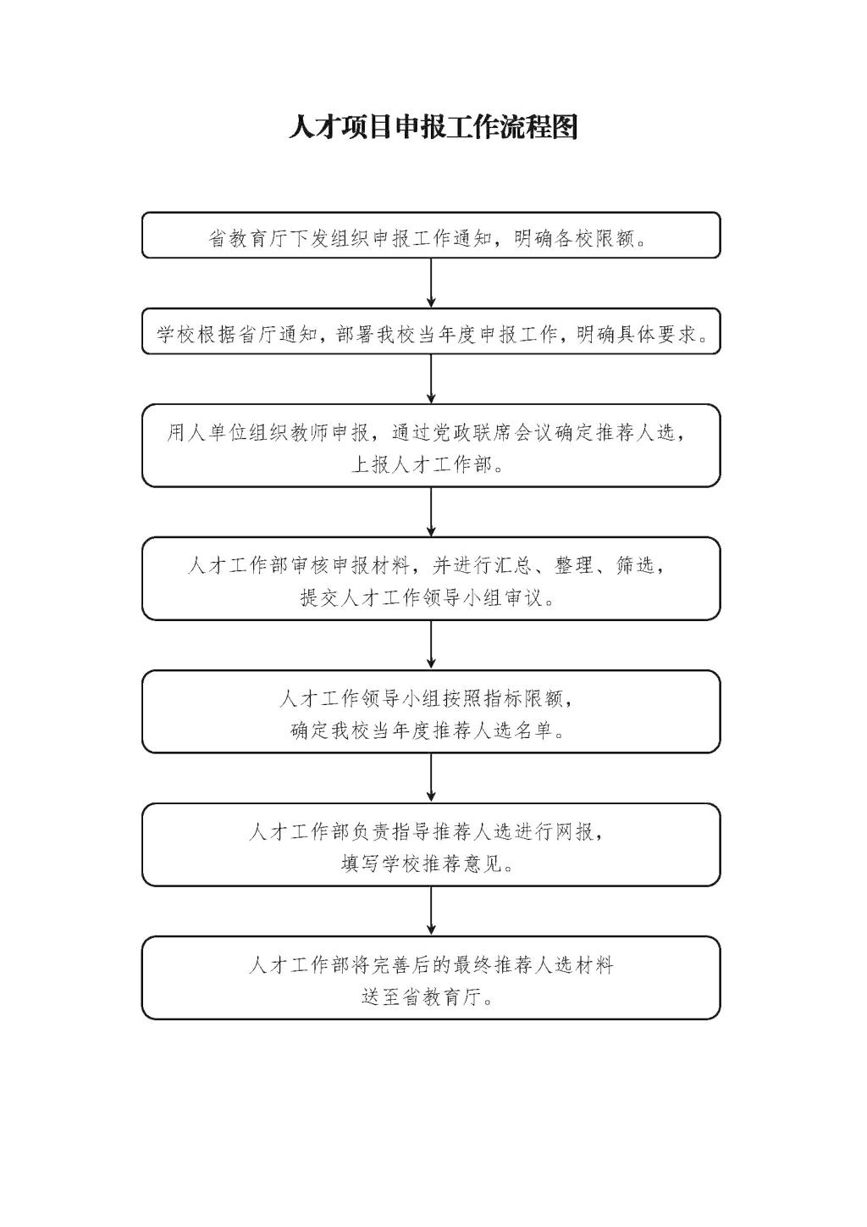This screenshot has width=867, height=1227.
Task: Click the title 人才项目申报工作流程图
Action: click(433, 128)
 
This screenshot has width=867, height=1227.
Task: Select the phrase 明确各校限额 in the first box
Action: click(573, 238)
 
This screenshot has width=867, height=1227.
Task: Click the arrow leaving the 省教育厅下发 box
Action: click(431, 283)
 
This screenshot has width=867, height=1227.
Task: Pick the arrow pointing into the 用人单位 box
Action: click(431, 379)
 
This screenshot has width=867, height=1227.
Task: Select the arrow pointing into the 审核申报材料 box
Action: click(431, 512)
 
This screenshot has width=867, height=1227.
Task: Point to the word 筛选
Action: click(635, 564)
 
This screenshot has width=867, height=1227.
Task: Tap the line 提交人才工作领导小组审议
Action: click(422, 597)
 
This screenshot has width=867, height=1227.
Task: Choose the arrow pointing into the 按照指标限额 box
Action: click(431, 645)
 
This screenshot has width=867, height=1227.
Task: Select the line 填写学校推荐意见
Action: click(422, 863)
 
